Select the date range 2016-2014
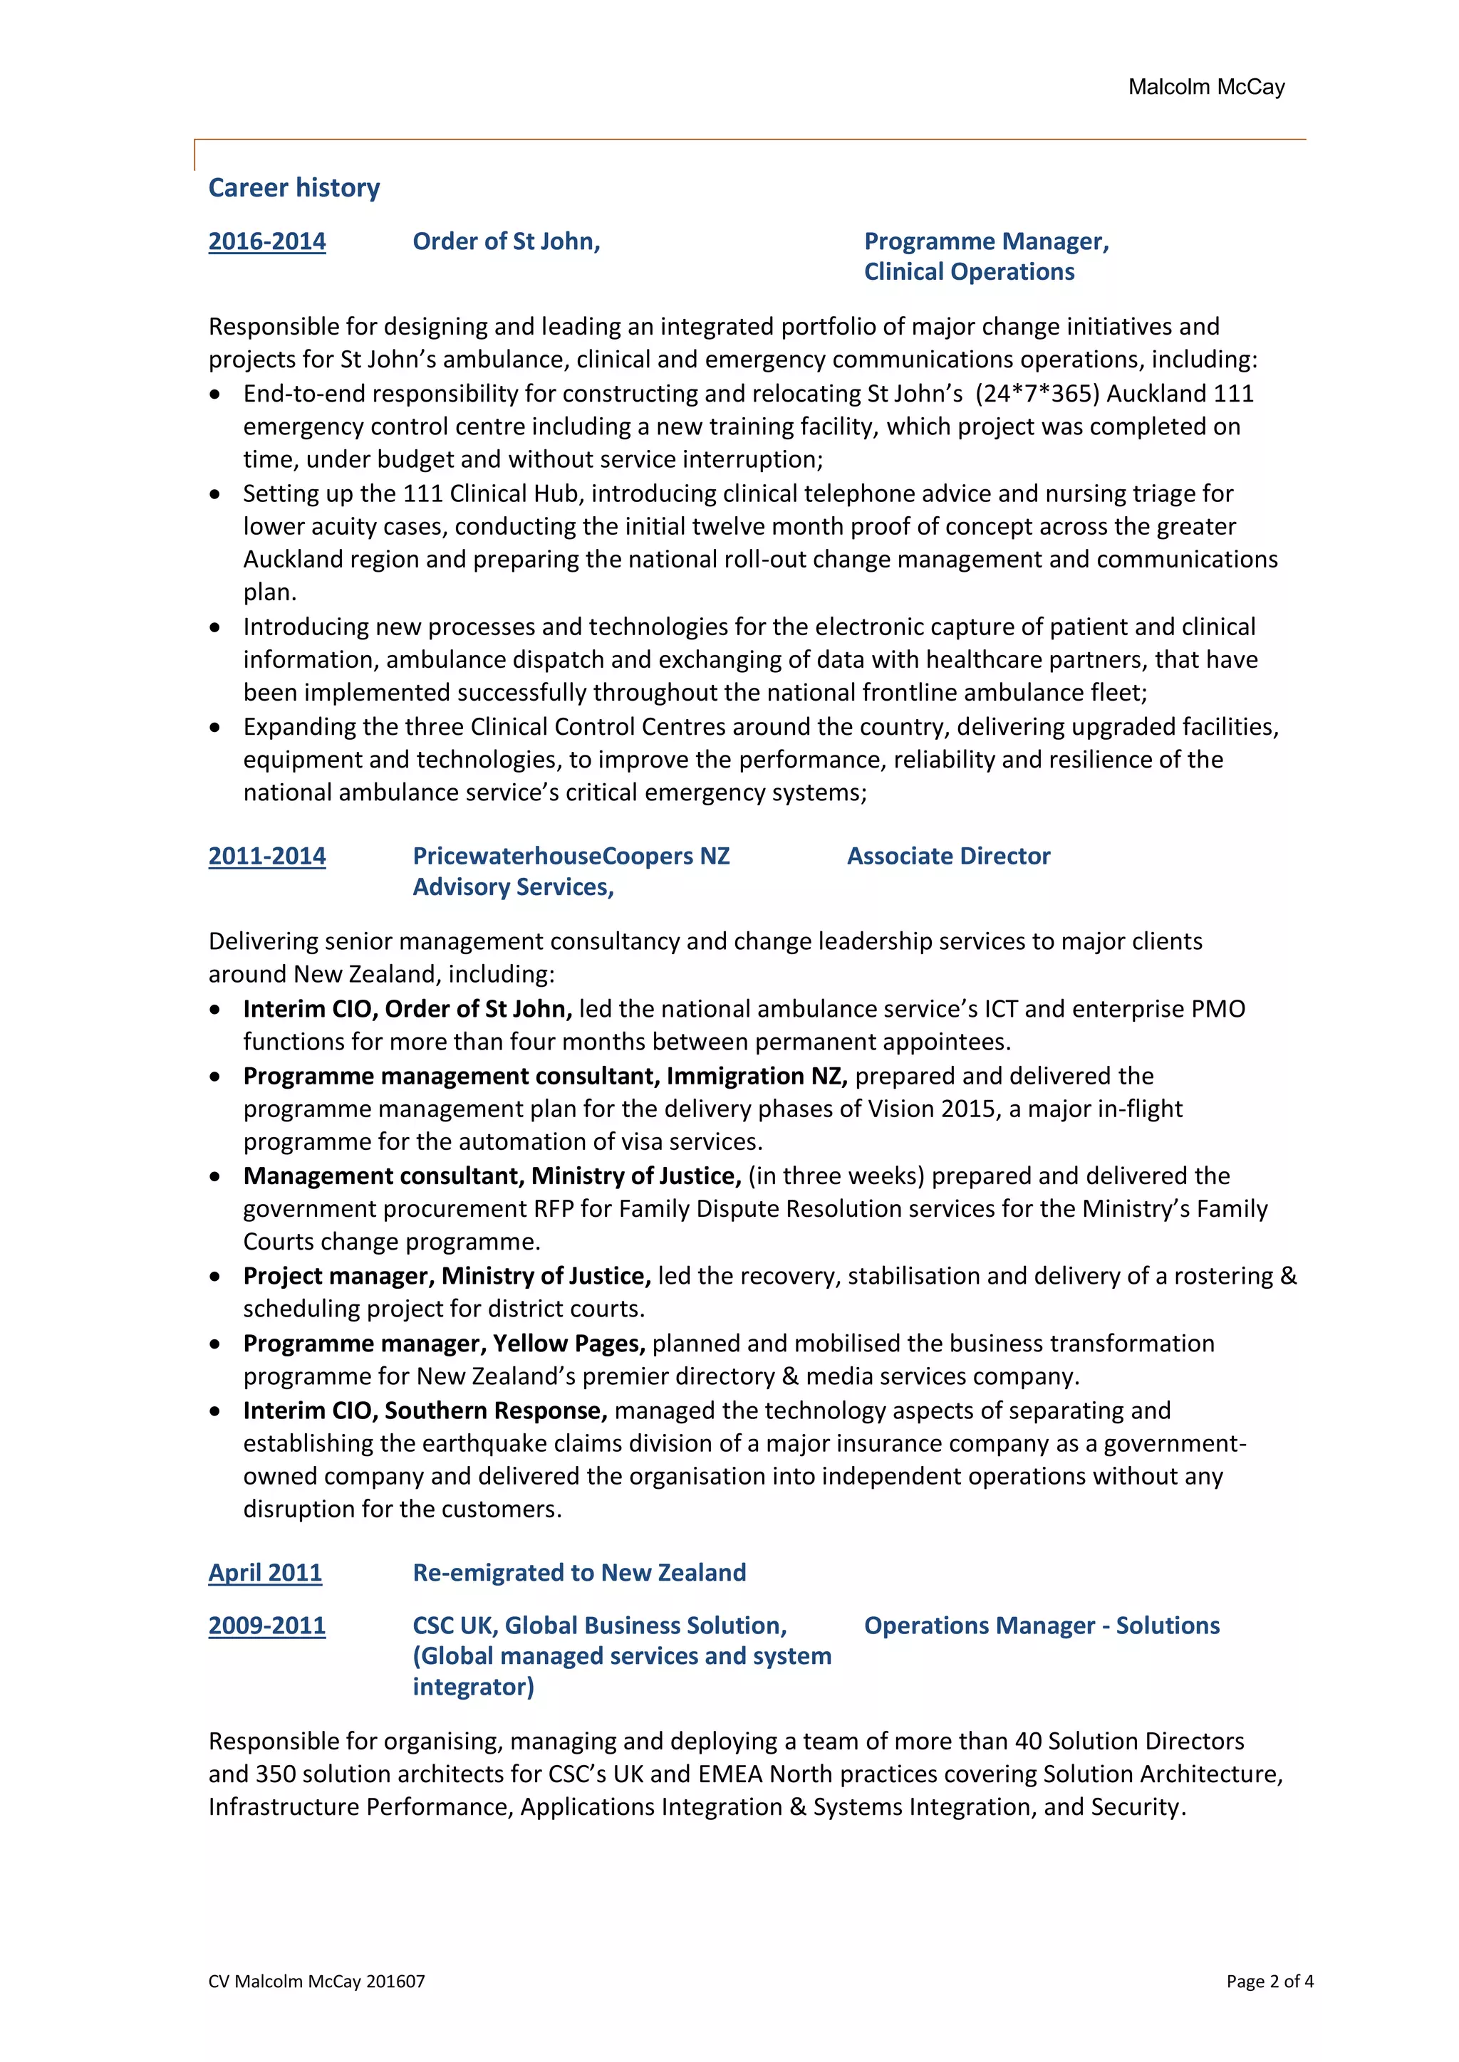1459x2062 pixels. pyautogui.click(x=267, y=241)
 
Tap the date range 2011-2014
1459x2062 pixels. pyautogui.click(x=267, y=856)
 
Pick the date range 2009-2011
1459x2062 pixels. pyautogui.click(x=267, y=1626)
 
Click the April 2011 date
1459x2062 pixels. pyautogui.click(x=265, y=1573)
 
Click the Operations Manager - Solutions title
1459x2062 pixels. pyautogui.click(x=1042, y=1626)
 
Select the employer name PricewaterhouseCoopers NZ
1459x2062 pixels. pyautogui.click(x=571, y=856)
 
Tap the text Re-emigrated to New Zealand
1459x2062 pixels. pyautogui.click(x=578, y=1573)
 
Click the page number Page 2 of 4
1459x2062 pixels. pyautogui.click(x=1270, y=1981)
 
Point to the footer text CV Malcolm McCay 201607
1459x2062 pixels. pyautogui.click(x=316, y=1981)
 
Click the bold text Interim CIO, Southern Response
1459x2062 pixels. pyautogui.click(x=425, y=1411)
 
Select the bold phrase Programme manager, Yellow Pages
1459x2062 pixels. pyautogui.click(x=444, y=1344)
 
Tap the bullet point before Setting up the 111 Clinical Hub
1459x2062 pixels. pyautogui.click(x=214, y=494)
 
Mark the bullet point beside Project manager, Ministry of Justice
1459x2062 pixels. pyautogui.click(x=214, y=1276)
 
